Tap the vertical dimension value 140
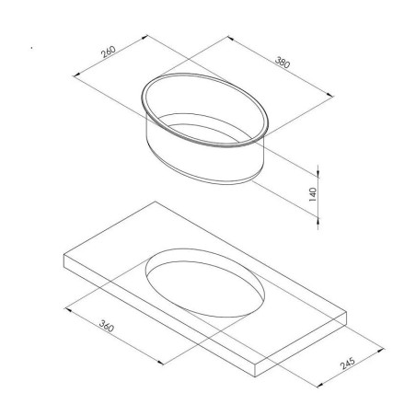coord(312,193)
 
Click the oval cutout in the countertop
coord(207,285)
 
